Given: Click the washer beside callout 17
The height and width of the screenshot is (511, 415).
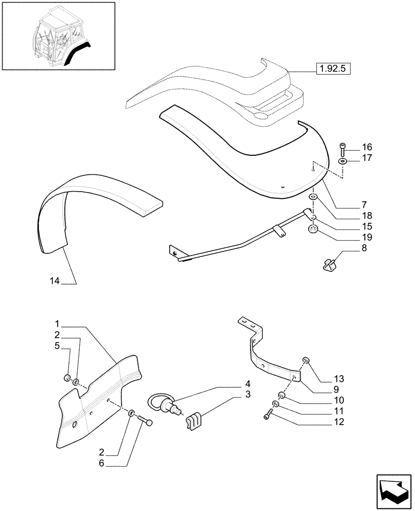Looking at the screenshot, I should pos(342,161).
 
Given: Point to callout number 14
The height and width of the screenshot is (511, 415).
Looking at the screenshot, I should pos(55,281).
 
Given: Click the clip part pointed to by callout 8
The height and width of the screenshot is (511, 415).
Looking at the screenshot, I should pos(330,264).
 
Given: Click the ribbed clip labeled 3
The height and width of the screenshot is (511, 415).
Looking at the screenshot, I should pos(194,421).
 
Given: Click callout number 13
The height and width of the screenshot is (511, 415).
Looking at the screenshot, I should pos(339,379).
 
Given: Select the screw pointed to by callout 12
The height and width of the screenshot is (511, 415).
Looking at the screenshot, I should pos(267,416).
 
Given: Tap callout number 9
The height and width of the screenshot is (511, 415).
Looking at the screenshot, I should pos(339,390).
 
